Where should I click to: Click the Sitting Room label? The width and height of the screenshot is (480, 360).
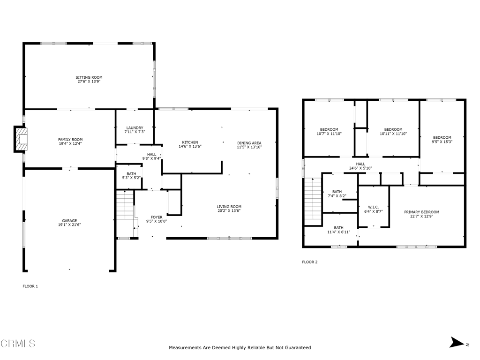click(x=89, y=77)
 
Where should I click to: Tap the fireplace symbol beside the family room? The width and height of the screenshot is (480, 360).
click(x=21, y=139)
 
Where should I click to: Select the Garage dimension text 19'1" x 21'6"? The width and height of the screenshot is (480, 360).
click(x=69, y=225)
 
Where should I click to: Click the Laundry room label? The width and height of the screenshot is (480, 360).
click(x=135, y=127)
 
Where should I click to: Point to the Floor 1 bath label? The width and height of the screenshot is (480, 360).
click(x=131, y=174)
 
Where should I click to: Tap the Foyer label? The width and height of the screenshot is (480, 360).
click(x=157, y=217)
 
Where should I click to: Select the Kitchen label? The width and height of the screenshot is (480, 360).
click(x=190, y=142)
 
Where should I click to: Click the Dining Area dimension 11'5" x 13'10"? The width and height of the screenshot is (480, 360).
click(x=249, y=147)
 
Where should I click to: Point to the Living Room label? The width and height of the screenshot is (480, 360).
click(x=229, y=207)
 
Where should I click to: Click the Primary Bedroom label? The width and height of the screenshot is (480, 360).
click(x=421, y=212)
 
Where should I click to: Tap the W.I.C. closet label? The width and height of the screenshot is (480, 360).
click(x=374, y=207)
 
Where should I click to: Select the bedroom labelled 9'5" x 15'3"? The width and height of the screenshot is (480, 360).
click(x=442, y=140)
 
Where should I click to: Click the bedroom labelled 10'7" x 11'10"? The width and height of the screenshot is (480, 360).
click(x=329, y=132)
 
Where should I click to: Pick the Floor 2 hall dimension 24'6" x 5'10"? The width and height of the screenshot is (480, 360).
click(x=360, y=168)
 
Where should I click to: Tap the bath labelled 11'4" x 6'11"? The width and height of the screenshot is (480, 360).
click(x=338, y=230)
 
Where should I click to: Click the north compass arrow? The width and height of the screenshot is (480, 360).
click(x=457, y=342)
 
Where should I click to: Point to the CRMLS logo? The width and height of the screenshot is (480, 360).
click(x=18, y=344)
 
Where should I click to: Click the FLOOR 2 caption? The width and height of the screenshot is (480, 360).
click(x=310, y=262)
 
